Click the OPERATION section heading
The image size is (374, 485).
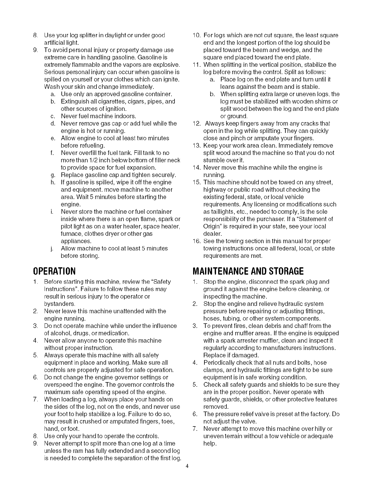(54, 271)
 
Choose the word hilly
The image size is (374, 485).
(319, 429)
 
